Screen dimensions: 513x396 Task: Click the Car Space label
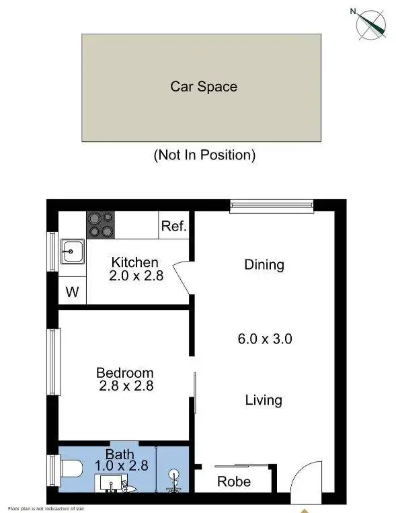203,87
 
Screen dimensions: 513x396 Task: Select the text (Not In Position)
204,155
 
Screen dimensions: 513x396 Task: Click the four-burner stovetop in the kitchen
100,224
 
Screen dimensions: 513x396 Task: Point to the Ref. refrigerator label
173,227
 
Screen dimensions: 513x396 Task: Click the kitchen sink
70,252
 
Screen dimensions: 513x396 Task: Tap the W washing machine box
71,292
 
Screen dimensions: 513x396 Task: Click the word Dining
264,265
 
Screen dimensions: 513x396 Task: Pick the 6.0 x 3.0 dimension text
264,339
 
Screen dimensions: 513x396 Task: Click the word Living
263,401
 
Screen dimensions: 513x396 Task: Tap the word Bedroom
124,372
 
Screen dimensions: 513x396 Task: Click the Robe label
234,481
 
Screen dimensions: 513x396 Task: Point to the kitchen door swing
183,275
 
